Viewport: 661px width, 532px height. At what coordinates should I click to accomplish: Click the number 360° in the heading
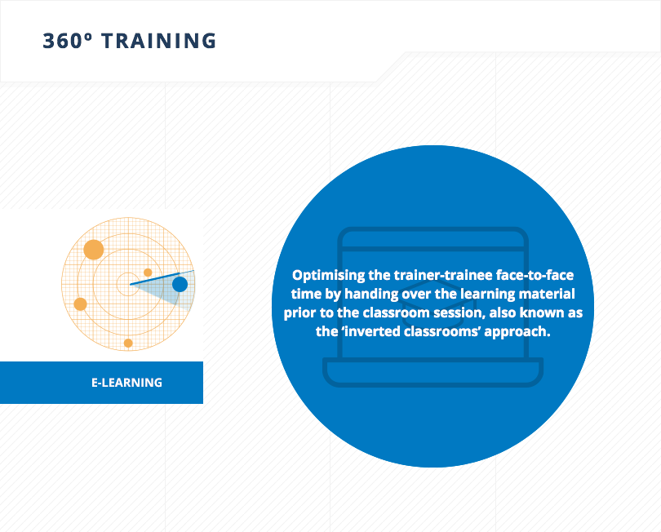[x=67, y=41]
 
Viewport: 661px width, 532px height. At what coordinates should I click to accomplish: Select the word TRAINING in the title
[x=159, y=41]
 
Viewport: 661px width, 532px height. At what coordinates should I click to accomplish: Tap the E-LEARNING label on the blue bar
[x=126, y=383]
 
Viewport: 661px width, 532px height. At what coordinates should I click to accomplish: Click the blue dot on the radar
[x=180, y=285]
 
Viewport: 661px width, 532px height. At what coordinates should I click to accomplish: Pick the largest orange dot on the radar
[x=94, y=250]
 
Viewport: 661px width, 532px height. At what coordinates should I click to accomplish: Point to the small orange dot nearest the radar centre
[x=148, y=273]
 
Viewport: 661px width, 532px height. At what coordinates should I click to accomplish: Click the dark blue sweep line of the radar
[x=162, y=277]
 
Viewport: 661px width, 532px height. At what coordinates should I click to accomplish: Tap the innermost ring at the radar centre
[x=127, y=284]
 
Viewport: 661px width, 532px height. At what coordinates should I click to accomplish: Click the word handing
[x=371, y=295]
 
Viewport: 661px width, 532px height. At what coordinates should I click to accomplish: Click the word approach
[x=517, y=332]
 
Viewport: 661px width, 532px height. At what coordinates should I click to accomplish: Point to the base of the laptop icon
[x=433, y=372]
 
